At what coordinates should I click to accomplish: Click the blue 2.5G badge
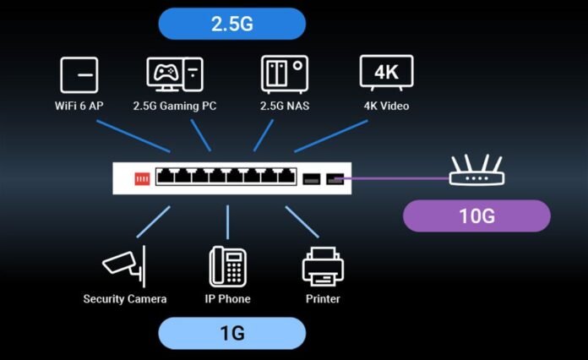click(x=231, y=24)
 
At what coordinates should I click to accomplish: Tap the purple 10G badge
click(x=476, y=215)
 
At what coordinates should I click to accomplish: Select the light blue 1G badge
click(x=231, y=333)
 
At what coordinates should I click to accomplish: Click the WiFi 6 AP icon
click(x=79, y=75)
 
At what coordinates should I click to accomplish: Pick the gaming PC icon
click(x=173, y=74)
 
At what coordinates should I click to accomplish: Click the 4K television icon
click(x=386, y=74)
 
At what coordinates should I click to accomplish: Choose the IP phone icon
click(x=228, y=265)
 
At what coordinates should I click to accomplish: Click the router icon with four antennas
click(x=477, y=172)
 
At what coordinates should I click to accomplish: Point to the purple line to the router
click(x=397, y=178)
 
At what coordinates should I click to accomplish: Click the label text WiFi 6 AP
click(x=79, y=107)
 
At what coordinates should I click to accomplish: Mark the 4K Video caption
click(x=386, y=107)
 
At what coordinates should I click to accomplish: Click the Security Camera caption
click(x=124, y=298)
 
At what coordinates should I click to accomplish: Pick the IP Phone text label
click(x=228, y=298)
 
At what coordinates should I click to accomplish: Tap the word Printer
click(x=323, y=298)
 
